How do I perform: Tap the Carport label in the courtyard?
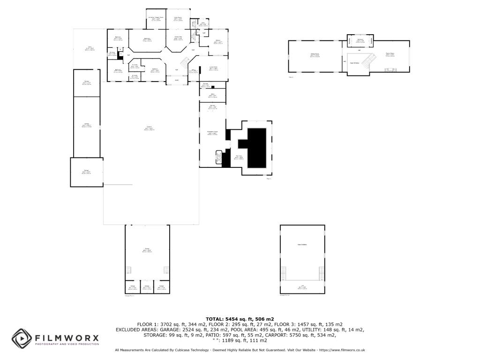click(150, 128)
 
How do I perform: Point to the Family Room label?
click(390, 54)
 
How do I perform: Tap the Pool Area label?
click(239, 157)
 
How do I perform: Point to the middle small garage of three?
click(147, 287)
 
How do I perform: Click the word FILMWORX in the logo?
click(67, 337)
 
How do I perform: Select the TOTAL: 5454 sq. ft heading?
click(240, 319)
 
